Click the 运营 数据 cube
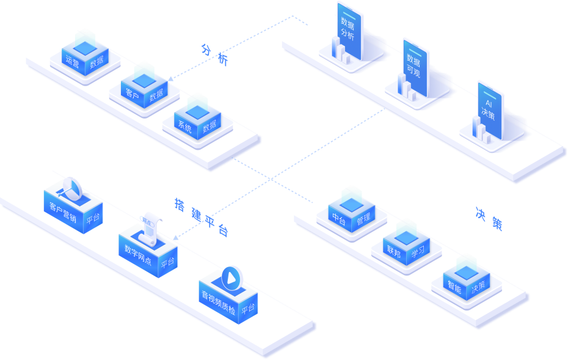(85, 55)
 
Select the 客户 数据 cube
(144, 89)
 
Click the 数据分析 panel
(349, 31)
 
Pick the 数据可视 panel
(415, 67)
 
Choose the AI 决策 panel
(490, 109)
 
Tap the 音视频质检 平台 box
(228, 298)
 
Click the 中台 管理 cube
(351, 213)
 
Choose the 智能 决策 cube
(467, 279)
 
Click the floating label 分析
(214, 54)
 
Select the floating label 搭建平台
(202, 217)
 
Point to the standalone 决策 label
(489, 219)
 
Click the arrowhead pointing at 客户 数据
(170, 79)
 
